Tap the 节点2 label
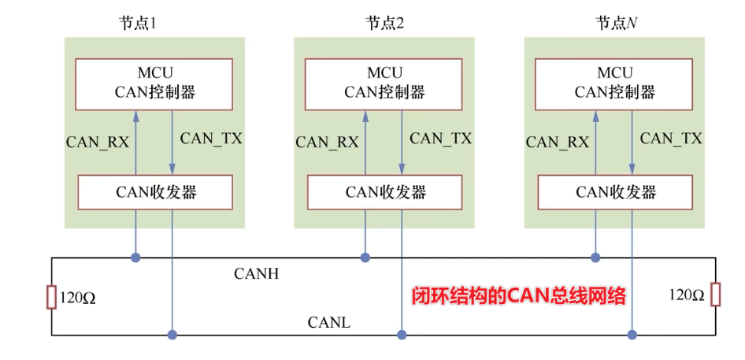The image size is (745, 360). tap(385, 23)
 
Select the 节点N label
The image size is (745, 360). tap(616, 23)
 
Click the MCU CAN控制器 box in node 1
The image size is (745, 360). tap(154, 84)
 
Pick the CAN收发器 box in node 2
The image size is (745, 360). tap(385, 192)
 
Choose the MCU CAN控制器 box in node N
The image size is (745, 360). tap(615, 84)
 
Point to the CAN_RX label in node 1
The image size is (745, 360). tap(97, 143)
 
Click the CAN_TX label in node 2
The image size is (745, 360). tap(441, 139)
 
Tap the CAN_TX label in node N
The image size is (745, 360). tap(671, 139)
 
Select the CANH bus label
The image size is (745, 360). tap(257, 274)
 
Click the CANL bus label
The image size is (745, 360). tap(328, 322)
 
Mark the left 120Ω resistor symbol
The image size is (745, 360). tap(52, 296)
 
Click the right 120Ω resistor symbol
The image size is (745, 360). tap(715, 295)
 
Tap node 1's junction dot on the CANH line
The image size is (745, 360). tap(135, 258)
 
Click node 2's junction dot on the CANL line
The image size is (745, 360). tap(402, 335)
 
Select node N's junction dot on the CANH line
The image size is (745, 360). tap(596, 258)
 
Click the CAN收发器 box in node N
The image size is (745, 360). tap(615, 192)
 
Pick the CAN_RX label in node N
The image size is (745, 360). tap(558, 143)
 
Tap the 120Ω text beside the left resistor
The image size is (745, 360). tap(77, 299)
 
